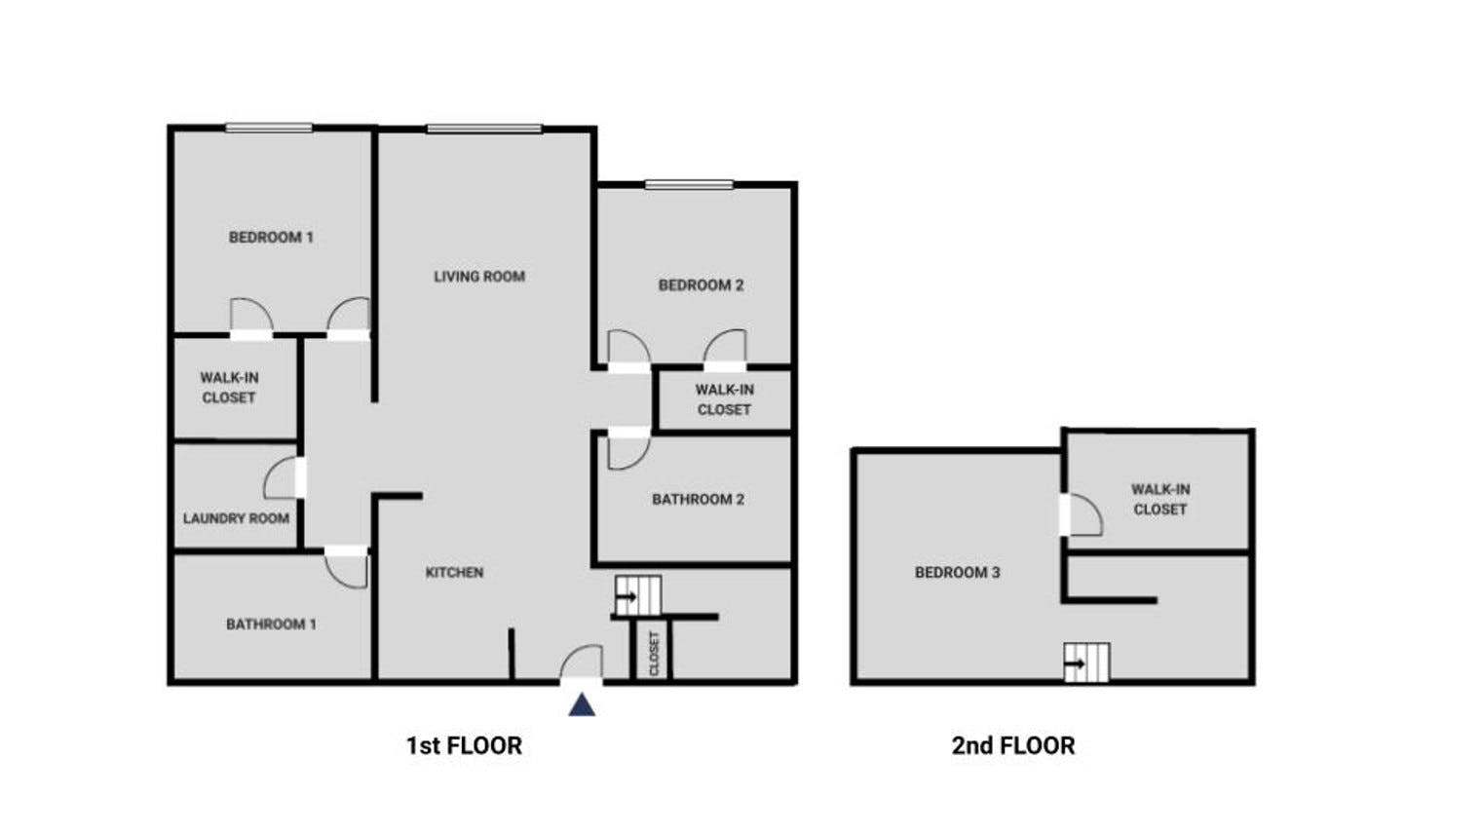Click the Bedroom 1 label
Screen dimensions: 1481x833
[271, 238]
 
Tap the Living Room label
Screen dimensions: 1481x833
[479, 277]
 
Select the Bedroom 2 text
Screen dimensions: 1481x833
[701, 284]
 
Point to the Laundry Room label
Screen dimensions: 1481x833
[236, 518]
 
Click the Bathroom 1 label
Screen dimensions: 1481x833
[271, 625]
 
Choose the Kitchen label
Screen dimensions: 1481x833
[454, 573]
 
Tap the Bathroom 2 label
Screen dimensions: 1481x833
[699, 499]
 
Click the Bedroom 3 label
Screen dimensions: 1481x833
[958, 573]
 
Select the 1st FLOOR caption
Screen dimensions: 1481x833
[464, 745]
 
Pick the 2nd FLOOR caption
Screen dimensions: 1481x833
[1013, 745]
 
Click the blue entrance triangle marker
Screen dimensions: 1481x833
[582, 704]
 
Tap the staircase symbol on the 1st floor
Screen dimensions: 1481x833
[638, 595]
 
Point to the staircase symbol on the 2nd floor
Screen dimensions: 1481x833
[1087, 663]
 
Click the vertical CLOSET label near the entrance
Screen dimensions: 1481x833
[655, 655]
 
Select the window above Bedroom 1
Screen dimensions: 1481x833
[269, 127]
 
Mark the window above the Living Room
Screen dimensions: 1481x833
[484, 129]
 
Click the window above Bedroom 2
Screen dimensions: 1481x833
[690, 184]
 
